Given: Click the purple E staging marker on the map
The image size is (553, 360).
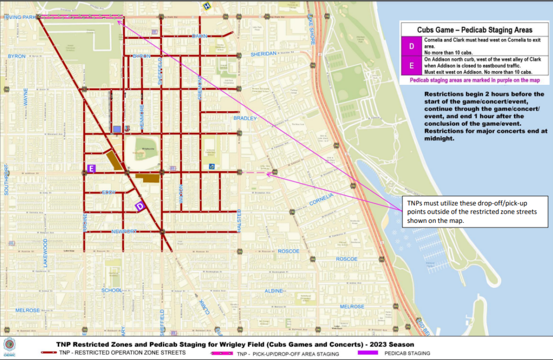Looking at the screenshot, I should click(x=91, y=169).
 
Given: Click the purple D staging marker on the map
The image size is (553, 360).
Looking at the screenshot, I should click(x=139, y=206).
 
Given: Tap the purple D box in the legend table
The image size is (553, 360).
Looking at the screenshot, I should click(x=412, y=46).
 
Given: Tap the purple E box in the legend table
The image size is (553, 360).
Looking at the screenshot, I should click(x=412, y=65).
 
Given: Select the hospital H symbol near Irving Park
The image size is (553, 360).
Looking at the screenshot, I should click(x=206, y=6).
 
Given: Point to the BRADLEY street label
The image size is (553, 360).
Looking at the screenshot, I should click(x=245, y=118).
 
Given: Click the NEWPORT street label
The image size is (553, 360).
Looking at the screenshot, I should click(x=124, y=232).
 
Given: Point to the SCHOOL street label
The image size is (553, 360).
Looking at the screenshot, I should click(x=112, y=290).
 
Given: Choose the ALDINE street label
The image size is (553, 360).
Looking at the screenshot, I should click(x=274, y=291).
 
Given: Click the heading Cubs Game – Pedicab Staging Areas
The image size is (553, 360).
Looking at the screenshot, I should click(x=474, y=30).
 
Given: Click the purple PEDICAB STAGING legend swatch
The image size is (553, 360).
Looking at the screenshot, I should click(x=369, y=353).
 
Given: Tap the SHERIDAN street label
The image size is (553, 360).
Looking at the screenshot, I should click(x=264, y=54).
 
